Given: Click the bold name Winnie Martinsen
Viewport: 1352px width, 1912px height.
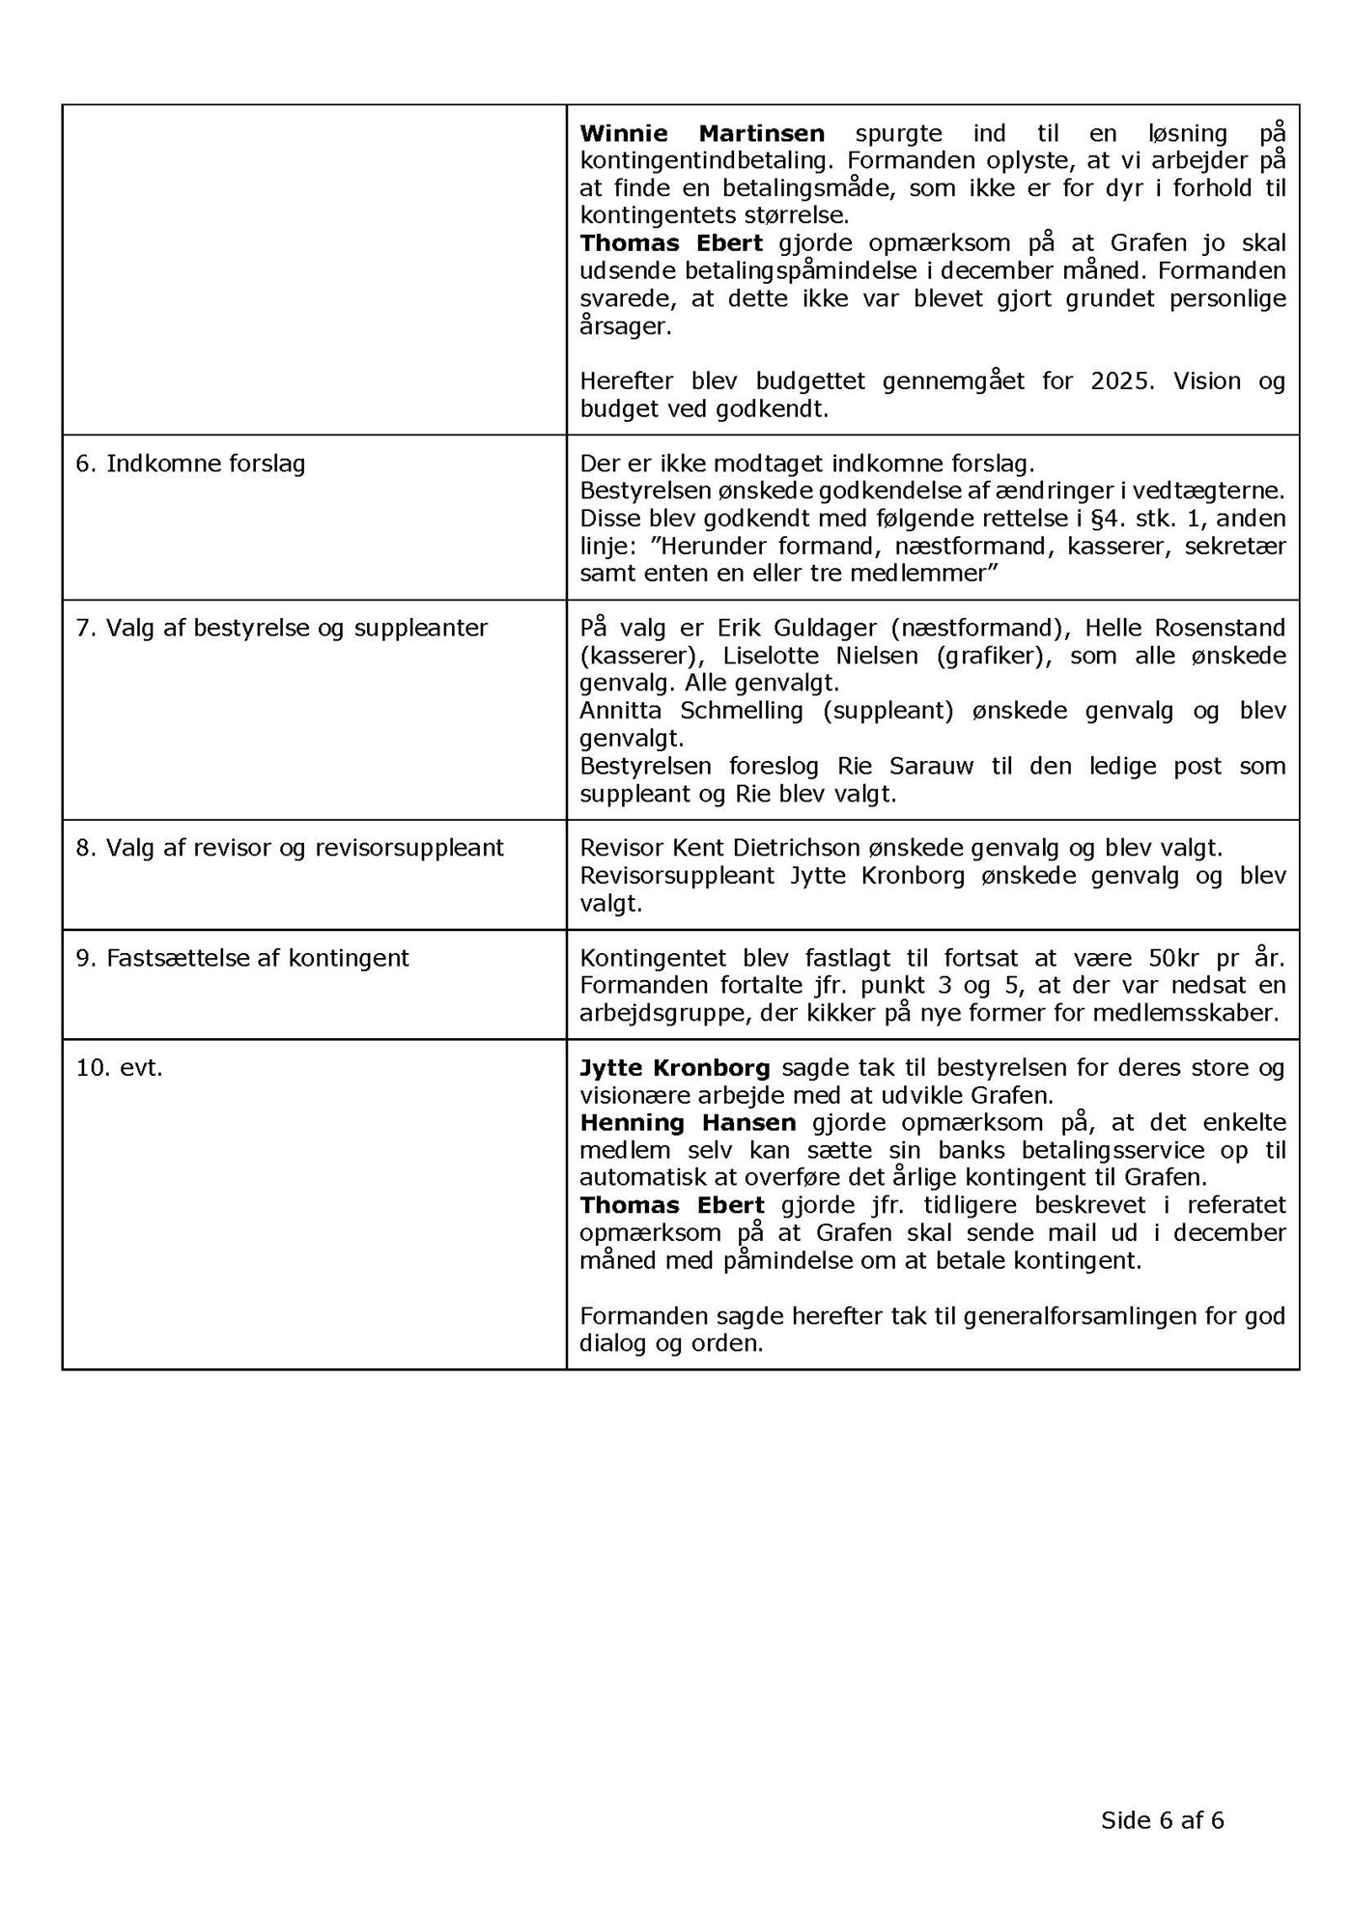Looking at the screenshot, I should coord(702,133).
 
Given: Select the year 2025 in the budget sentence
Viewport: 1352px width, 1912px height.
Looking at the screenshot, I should coord(1122,380).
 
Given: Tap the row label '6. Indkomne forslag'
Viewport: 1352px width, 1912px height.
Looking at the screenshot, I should coord(190,464).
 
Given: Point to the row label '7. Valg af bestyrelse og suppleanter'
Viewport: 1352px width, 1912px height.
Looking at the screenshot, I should coord(282,628).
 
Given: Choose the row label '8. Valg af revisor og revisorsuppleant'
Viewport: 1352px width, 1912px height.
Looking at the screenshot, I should coord(290,848).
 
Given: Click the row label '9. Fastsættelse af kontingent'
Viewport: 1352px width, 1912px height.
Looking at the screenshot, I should coord(242,958).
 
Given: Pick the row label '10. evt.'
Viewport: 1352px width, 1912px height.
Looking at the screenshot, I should coord(119,1068).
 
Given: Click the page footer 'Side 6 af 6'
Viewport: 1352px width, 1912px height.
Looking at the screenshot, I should coord(1162,1820).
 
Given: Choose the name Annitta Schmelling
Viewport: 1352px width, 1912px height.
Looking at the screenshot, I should coord(691,711).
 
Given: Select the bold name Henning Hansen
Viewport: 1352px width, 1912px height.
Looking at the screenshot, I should coord(688,1123).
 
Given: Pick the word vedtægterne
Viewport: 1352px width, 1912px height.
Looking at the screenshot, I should coord(1217,491).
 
